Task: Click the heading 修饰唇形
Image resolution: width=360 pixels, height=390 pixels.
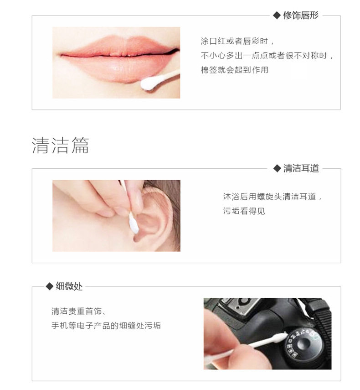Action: pyautogui.click(x=301, y=16)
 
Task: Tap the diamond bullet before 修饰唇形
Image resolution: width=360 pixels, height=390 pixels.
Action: pyautogui.click(x=277, y=16)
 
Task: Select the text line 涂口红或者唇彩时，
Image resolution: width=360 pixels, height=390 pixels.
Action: pyautogui.click(x=238, y=41)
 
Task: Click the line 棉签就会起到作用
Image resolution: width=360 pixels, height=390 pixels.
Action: pyautogui.click(x=235, y=70)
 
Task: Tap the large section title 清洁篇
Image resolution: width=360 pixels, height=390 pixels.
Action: pyautogui.click(x=60, y=145)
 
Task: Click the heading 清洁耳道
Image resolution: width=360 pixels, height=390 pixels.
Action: pyautogui.click(x=301, y=168)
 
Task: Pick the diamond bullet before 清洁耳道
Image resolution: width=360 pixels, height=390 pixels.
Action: pyautogui.click(x=277, y=168)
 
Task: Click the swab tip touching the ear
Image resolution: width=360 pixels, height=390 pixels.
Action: pyautogui.click(x=134, y=224)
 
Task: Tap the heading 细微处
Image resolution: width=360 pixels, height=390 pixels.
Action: pyautogui.click(x=69, y=286)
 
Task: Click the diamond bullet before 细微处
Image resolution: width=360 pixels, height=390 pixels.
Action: pyautogui.click(x=49, y=286)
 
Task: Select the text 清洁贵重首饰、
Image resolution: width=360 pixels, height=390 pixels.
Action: pyautogui.click(x=79, y=312)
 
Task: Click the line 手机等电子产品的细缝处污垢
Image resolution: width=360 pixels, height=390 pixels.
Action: pyautogui.click(x=106, y=326)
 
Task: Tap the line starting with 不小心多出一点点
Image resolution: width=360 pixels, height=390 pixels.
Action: pyautogui.click(x=268, y=56)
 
